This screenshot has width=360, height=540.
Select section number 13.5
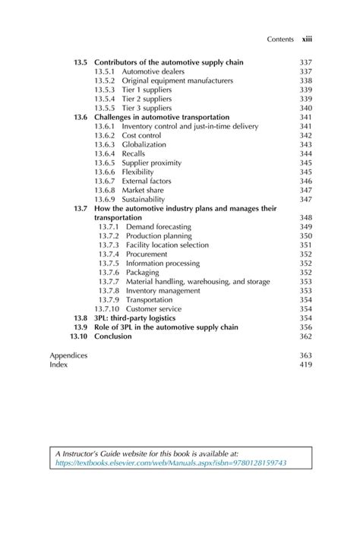point(81,62)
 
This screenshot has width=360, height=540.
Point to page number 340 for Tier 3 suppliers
point(306,109)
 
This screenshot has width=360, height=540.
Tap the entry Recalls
point(134,153)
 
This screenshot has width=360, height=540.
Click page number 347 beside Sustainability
point(306,200)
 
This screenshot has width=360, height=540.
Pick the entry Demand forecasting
point(158,227)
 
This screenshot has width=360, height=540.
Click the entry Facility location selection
point(169,245)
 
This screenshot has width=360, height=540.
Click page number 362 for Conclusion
point(306,336)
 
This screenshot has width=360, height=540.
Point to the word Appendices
point(68,355)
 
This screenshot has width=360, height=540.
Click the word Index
point(58,365)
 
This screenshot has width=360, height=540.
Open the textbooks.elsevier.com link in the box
point(170,463)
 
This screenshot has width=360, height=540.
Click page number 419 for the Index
point(306,365)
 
